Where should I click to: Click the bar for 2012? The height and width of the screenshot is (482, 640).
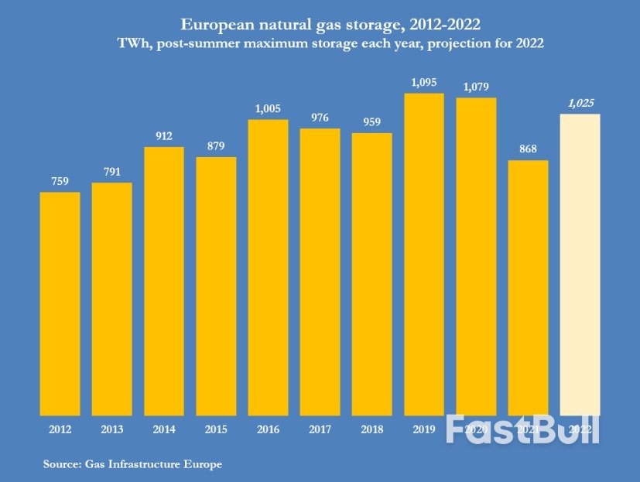point(60,303)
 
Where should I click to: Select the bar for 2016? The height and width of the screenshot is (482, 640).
point(268,267)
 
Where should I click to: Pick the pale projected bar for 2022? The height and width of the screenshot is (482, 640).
point(580,264)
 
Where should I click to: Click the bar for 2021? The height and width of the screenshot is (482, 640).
point(528,287)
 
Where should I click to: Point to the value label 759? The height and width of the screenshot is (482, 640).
point(60,182)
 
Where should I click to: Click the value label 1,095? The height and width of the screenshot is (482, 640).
point(424,83)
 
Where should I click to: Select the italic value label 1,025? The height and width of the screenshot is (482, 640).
point(580,103)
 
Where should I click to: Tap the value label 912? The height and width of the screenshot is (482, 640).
point(163,136)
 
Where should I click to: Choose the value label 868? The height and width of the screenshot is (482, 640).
point(528,149)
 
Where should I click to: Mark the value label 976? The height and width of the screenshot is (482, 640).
point(320,118)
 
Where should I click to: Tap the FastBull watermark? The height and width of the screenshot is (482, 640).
point(523,429)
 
